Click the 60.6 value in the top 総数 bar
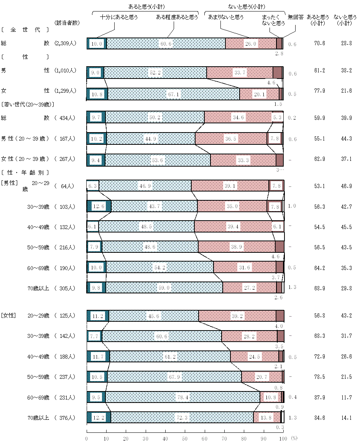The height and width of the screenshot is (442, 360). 166,44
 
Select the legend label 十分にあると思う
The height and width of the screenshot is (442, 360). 119,17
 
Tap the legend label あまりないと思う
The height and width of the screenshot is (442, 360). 226,17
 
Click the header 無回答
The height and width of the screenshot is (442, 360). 296,17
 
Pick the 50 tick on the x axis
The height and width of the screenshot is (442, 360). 185,438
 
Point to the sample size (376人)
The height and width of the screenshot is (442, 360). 67,418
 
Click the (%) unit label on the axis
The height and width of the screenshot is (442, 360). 294,438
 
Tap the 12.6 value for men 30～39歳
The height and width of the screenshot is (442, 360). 99,207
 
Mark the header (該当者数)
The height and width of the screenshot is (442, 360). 67,23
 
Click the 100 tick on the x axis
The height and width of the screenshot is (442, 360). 283,438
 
